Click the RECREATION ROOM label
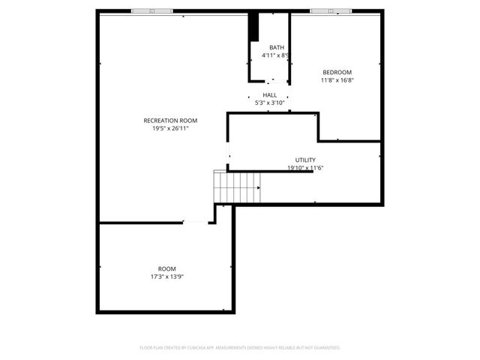[170, 121]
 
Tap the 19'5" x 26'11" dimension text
[170, 128]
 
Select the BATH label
[277, 47]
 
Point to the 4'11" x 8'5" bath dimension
[275, 55]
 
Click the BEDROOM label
[337, 72]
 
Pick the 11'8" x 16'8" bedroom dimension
[337, 80]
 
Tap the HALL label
[270, 95]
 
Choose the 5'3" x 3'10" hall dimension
[270, 103]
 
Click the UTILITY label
[305, 160]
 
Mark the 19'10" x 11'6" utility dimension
[305, 168]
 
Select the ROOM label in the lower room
[166, 268]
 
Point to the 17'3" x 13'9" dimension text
[166, 277]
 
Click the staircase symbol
[237, 186]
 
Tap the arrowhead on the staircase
[259, 187]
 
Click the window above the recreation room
[151, 11]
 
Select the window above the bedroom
[331, 11]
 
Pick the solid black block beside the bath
[254, 28]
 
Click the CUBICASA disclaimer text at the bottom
[240, 348]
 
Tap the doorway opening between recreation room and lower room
[196, 222]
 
